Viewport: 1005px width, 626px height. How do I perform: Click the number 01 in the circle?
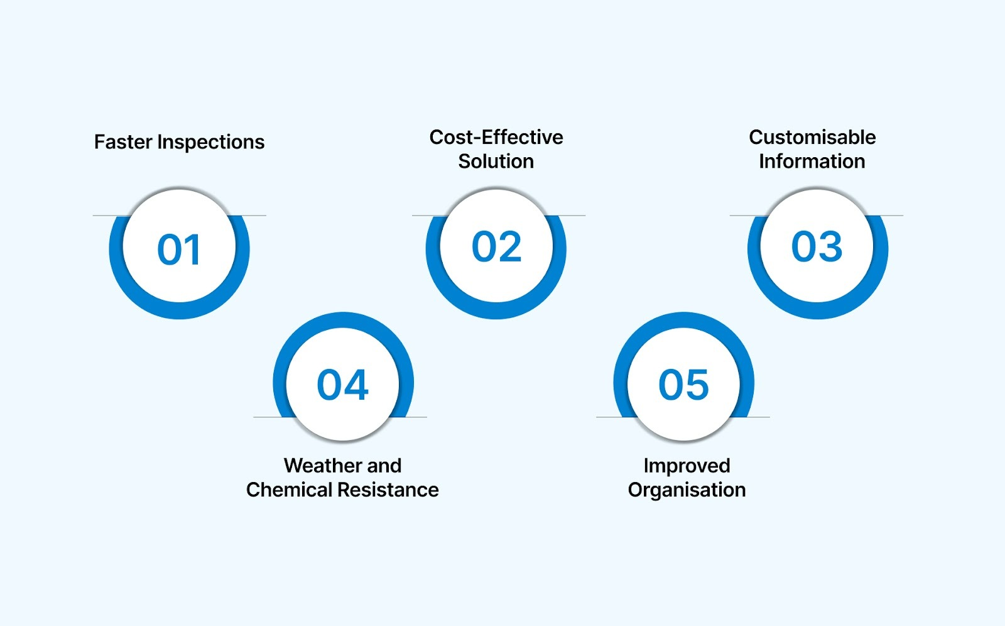coord(179,250)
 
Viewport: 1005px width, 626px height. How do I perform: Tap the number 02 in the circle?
coord(496,246)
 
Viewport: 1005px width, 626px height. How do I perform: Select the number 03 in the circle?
coord(817,246)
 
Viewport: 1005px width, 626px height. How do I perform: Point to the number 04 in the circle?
coord(342,385)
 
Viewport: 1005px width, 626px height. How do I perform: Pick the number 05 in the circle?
coord(683,385)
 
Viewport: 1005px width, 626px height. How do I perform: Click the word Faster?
coord(123,142)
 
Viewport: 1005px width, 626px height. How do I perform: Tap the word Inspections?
coord(210,143)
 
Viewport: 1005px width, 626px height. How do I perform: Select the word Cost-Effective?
coord(496,137)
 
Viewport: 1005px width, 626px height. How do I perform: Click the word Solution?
coord(496,162)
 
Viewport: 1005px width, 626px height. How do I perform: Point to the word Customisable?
coord(812,137)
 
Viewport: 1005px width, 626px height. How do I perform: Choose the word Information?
coord(812,162)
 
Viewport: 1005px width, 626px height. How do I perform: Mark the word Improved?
coord(687,466)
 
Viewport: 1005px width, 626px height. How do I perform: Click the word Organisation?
coord(687,490)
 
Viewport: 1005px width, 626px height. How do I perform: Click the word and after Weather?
coord(384,466)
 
